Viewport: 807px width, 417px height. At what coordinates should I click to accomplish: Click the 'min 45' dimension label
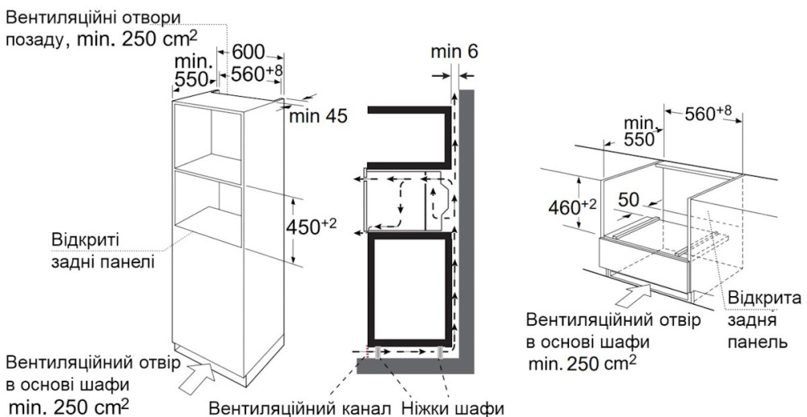coord(318,116)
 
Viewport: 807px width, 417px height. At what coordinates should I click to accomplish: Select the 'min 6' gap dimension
coord(454,52)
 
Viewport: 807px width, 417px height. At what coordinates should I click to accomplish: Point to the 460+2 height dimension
coord(572,207)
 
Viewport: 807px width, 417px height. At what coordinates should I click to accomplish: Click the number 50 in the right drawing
coord(629,200)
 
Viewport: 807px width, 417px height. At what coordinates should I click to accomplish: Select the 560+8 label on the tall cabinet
coord(257,73)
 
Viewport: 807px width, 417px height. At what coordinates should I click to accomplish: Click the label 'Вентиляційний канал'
coord(297,409)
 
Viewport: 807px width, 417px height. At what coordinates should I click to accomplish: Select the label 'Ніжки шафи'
coord(453,409)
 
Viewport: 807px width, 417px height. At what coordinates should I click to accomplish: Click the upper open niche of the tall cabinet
coord(208,138)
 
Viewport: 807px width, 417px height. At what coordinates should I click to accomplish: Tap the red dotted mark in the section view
coord(367,352)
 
